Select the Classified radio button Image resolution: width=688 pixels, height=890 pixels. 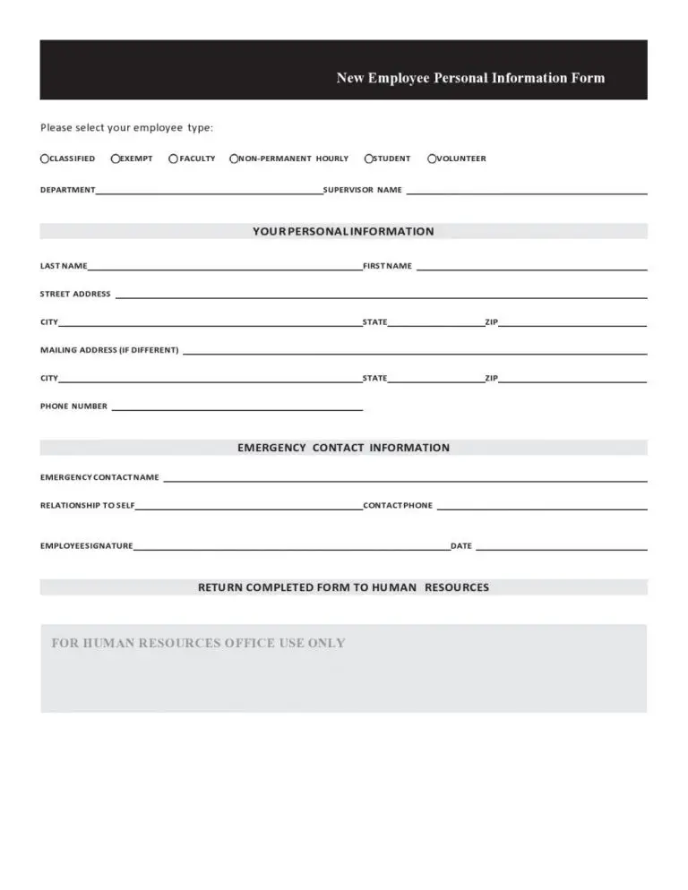(x=45, y=158)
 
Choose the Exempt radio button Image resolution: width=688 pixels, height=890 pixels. (x=116, y=158)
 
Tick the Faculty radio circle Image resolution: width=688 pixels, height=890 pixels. (x=173, y=158)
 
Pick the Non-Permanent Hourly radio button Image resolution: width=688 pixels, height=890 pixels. (x=235, y=158)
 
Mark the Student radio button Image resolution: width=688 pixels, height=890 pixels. (x=369, y=158)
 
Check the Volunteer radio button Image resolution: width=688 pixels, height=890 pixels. (x=432, y=158)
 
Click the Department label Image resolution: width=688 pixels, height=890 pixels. (x=67, y=190)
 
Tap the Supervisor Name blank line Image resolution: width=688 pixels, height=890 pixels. (x=527, y=192)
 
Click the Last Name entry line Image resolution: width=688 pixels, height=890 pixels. (x=224, y=268)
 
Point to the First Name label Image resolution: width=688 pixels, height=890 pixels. (x=387, y=266)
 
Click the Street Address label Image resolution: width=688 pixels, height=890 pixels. (x=75, y=294)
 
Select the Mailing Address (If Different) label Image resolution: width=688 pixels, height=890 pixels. (x=109, y=350)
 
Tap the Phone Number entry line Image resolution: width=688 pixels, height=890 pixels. (x=236, y=408)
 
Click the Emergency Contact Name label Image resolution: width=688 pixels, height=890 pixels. (x=99, y=477)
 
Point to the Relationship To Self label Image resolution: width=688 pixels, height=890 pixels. (x=87, y=506)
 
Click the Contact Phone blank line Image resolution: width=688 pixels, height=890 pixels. (x=542, y=508)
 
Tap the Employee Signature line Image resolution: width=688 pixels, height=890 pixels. (x=291, y=547)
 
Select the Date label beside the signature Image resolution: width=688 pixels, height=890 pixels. (x=461, y=546)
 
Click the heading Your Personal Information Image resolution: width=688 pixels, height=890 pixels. (x=343, y=231)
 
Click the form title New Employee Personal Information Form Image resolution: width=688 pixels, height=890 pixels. (x=470, y=78)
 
